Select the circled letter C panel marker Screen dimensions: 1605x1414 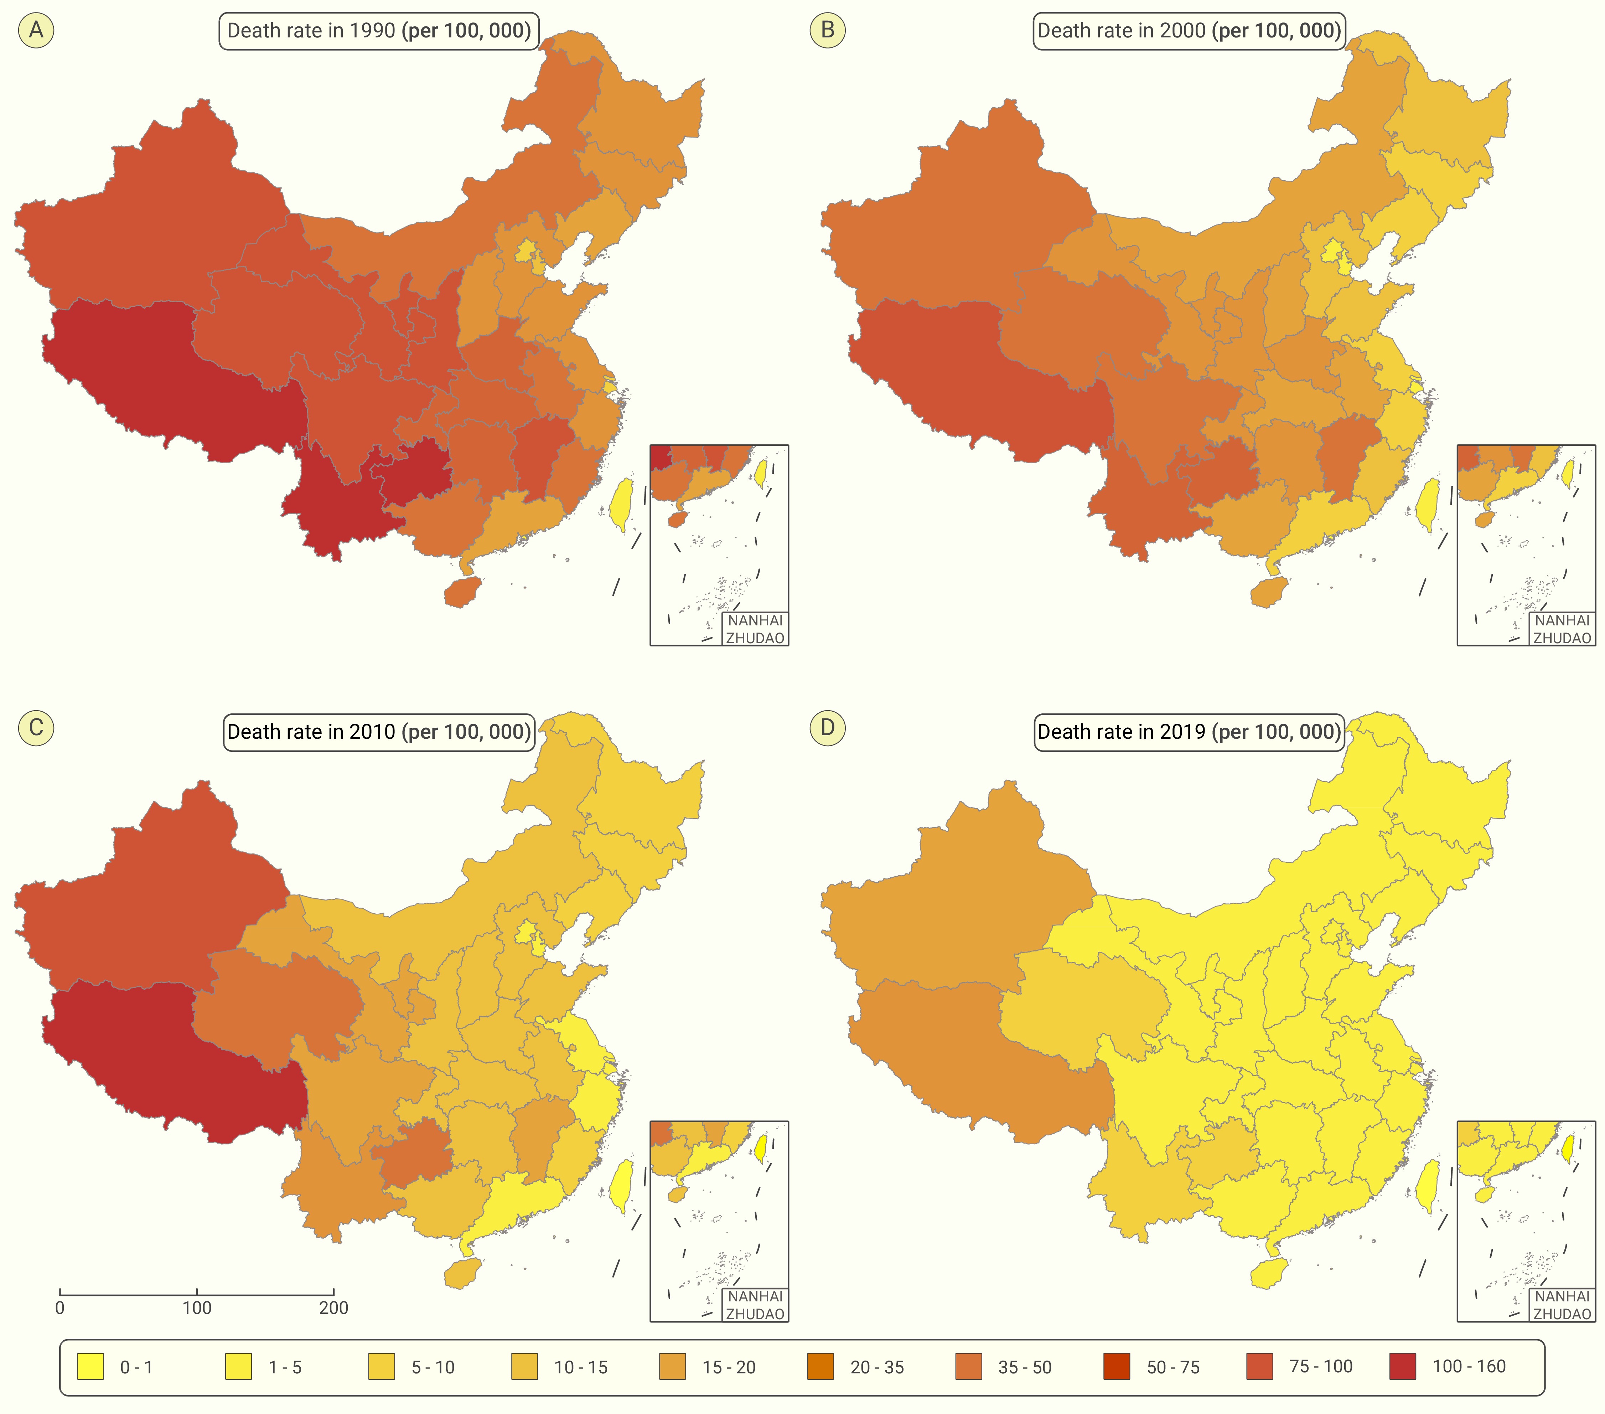click(x=36, y=727)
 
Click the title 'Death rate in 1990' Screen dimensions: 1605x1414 click(x=311, y=31)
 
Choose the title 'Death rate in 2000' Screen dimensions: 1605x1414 click(x=1121, y=31)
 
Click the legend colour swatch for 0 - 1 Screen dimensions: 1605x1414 click(x=90, y=1367)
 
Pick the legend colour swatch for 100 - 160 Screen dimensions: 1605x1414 click(x=1402, y=1367)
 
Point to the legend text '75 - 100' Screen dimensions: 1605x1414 click(x=1321, y=1367)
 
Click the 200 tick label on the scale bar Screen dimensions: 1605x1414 click(x=334, y=1308)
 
